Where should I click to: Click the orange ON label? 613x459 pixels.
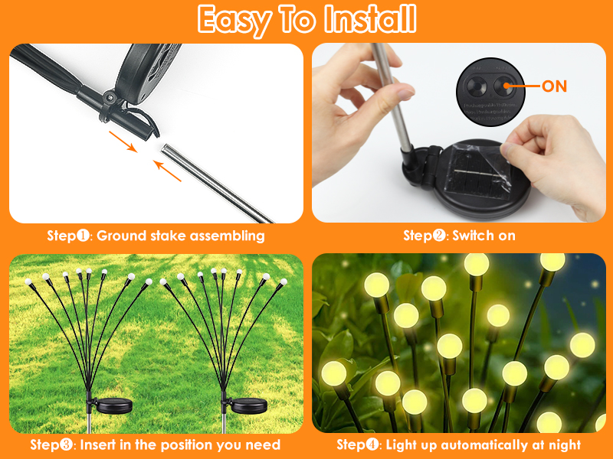[x=554, y=86]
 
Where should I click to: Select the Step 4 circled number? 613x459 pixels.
[x=373, y=444]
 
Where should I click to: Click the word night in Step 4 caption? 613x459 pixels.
[x=562, y=444]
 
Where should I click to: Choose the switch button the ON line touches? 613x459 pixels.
[x=503, y=86]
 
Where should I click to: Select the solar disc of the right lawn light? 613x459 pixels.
[x=249, y=405]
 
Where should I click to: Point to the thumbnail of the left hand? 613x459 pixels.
[x=404, y=94]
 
